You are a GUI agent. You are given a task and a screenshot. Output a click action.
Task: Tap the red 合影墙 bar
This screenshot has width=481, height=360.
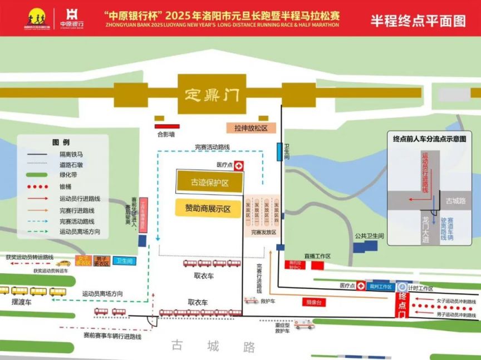167,126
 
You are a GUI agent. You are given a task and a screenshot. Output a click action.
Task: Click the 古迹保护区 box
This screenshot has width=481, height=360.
209,182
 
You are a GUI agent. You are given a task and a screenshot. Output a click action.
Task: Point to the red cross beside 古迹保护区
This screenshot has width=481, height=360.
239,165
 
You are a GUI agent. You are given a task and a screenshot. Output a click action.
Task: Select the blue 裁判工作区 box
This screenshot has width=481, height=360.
381,287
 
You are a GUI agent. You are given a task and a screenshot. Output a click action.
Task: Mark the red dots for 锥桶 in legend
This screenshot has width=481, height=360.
36,187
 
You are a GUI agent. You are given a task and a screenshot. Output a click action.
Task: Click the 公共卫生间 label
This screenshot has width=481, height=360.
370,236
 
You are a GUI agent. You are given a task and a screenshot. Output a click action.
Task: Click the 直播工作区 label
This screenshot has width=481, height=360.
318,256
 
